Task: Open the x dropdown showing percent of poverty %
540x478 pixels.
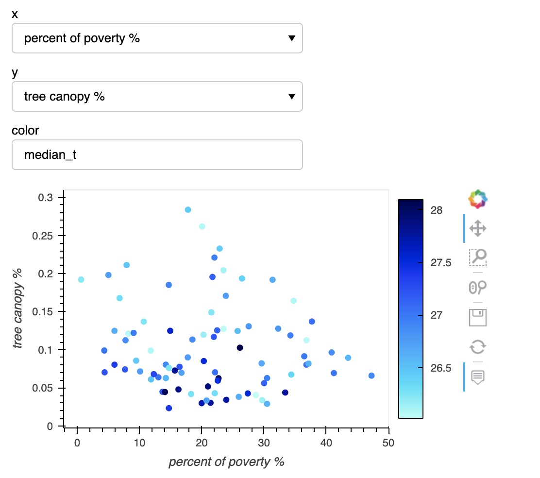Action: pyautogui.click(x=157, y=38)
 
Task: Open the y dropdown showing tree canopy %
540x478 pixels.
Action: pyautogui.click(x=157, y=97)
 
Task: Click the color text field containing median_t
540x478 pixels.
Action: pyautogui.click(x=157, y=155)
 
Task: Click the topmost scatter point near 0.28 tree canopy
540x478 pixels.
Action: pyautogui.click(x=188, y=210)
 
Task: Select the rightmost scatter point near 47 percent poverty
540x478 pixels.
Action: pyautogui.click(x=371, y=376)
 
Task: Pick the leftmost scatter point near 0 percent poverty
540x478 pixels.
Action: pyautogui.click(x=81, y=279)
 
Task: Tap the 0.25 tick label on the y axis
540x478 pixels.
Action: pyautogui.click(x=48, y=236)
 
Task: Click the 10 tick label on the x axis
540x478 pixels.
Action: pyautogui.click(x=139, y=443)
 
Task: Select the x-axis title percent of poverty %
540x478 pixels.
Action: pyautogui.click(x=226, y=462)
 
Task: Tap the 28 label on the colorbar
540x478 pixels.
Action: pyautogui.click(x=436, y=210)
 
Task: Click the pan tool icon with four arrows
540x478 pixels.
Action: pyautogui.click(x=478, y=228)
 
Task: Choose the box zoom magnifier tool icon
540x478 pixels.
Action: pyautogui.click(x=478, y=257)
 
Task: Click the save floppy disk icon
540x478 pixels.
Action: pyautogui.click(x=478, y=317)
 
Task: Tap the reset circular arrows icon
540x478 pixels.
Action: pyautogui.click(x=478, y=347)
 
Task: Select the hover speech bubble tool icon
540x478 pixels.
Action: pyautogui.click(x=478, y=376)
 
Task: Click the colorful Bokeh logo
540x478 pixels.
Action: pyautogui.click(x=478, y=199)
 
